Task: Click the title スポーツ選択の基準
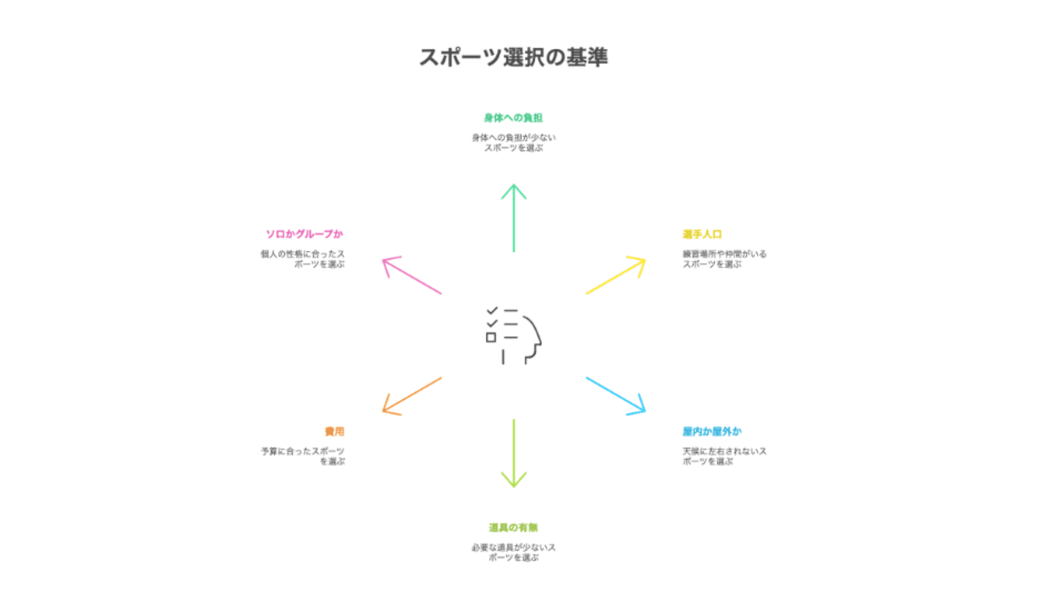(513, 58)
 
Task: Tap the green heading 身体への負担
(513, 118)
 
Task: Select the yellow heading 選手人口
(702, 235)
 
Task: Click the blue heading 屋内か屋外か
(712, 432)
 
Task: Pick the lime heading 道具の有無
(513, 528)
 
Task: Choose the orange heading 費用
(335, 432)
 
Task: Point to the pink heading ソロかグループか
(304, 235)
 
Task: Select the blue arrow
(616, 395)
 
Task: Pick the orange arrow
(411, 395)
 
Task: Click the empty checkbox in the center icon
(491, 338)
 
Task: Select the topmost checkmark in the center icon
(492, 311)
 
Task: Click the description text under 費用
(303, 456)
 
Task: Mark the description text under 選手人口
(724, 259)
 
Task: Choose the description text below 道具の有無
(513, 553)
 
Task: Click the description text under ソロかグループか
(303, 259)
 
